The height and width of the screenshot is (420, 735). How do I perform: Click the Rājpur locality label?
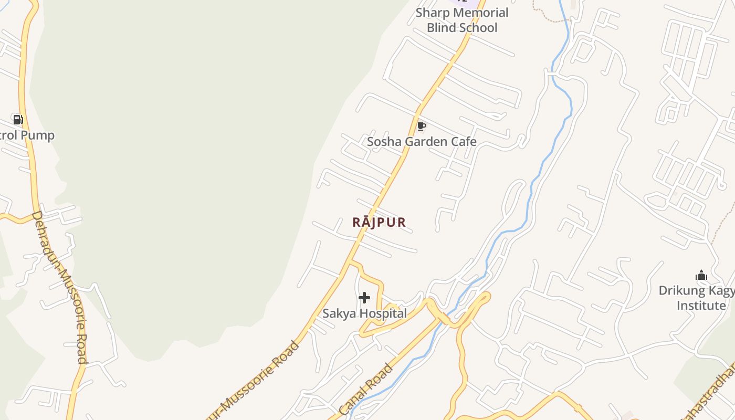pyautogui.click(x=379, y=223)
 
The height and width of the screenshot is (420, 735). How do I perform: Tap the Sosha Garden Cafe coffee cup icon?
pyautogui.click(x=421, y=126)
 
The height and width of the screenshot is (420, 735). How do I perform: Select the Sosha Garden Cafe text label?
pyautogui.click(x=422, y=142)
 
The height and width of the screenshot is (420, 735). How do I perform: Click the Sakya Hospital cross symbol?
pyautogui.click(x=364, y=298)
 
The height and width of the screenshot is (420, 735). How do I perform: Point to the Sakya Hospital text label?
pyautogui.click(x=364, y=314)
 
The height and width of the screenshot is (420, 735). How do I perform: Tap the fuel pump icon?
pyautogui.click(x=18, y=120)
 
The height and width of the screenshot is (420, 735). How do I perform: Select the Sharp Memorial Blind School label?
pyautogui.click(x=462, y=20)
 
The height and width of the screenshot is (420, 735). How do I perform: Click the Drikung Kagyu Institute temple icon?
pyautogui.click(x=701, y=276)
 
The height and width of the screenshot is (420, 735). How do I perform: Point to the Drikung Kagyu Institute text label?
pyautogui.click(x=697, y=298)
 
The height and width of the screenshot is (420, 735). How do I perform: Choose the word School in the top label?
pyautogui.click(x=477, y=28)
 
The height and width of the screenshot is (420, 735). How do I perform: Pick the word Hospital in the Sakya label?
pyautogui.click(x=382, y=314)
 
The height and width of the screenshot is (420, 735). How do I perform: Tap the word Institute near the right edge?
pyautogui.click(x=701, y=306)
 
